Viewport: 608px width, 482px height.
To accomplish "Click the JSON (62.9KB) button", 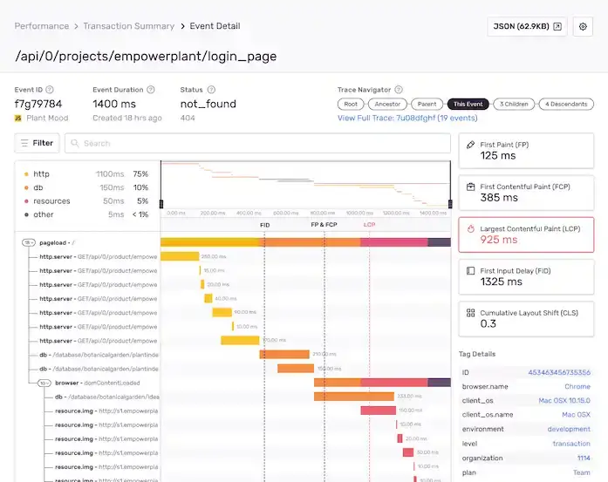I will tap(526, 27).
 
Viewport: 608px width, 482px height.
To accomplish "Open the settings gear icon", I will tap(583, 27).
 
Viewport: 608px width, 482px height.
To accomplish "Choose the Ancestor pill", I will tap(387, 104).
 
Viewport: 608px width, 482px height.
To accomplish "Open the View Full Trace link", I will tap(407, 118).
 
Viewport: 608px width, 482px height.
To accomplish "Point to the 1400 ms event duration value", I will tap(115, 104).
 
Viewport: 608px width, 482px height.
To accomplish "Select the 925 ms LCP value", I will tap(498, 239).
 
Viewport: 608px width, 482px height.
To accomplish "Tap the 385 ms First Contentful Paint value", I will tap(499, 198).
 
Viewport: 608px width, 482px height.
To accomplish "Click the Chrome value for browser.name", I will tap(577, 386).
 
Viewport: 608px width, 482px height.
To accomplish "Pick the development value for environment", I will tap(569, 429).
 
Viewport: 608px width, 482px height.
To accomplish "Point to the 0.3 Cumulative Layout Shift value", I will tap(488, 323).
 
